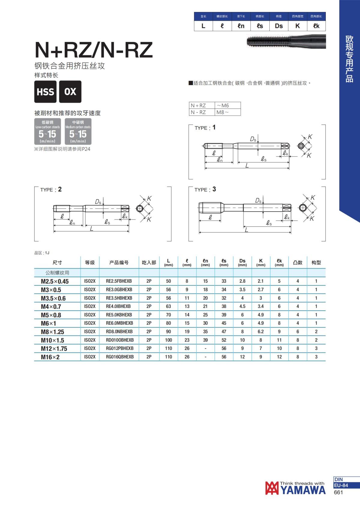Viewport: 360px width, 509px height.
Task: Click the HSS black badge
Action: pos(45,92)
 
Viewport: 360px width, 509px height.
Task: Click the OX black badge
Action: pos(70,92)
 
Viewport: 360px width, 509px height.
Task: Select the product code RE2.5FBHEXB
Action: pos(119,281)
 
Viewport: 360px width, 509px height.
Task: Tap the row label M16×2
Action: pos(50,357)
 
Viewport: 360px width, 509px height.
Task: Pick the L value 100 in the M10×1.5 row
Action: pos(169,340)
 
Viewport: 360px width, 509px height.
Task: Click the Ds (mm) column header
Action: pos(242,263)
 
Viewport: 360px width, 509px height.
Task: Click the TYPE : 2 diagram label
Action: pos(51,189)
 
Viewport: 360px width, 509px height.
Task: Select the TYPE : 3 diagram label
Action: pos(205,189)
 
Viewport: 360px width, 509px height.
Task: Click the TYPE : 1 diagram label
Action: pos(205,128)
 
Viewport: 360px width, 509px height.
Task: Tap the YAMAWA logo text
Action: pos(303,490)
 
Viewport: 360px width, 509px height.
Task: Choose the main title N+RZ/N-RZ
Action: pos(94,50)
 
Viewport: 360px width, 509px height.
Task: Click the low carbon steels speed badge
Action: pos(47,132)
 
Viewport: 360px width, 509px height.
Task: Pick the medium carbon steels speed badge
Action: pos(78,132)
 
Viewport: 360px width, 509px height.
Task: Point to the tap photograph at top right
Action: pos(286,41)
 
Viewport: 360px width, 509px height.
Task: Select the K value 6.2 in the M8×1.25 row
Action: pos(261,332)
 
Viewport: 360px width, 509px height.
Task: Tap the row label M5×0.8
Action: pos(51,315)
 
